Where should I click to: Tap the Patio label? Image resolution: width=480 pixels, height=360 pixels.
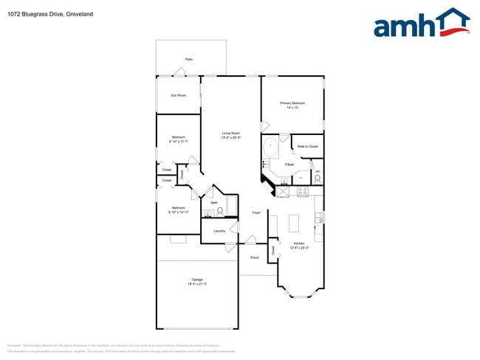click(x=189, y=59)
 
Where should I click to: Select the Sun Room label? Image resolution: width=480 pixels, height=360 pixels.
click(x=178, y=95)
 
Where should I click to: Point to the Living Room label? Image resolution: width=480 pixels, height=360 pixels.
click(x=231, y=135)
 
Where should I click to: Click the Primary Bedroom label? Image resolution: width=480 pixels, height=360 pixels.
click(x=292, y=105)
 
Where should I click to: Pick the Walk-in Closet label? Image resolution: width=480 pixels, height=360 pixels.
click(x=308, y=147)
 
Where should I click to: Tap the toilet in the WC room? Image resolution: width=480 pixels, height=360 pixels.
click(x=318, y=178)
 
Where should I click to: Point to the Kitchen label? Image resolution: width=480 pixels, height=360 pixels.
click(x=299, y=245)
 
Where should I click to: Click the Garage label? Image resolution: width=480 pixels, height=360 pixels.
click(x=197, y=281)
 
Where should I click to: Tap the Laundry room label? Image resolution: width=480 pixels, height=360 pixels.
click(x=219, y=231)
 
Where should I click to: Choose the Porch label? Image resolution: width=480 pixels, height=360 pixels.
click(x=254, y=257)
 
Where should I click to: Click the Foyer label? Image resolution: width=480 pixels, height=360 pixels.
click(x=256, y=212)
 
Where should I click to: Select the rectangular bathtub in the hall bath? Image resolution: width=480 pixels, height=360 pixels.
click(x=230, y=207)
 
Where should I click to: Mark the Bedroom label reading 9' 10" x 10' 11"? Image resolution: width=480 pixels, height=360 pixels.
click(x=178, y=210)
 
